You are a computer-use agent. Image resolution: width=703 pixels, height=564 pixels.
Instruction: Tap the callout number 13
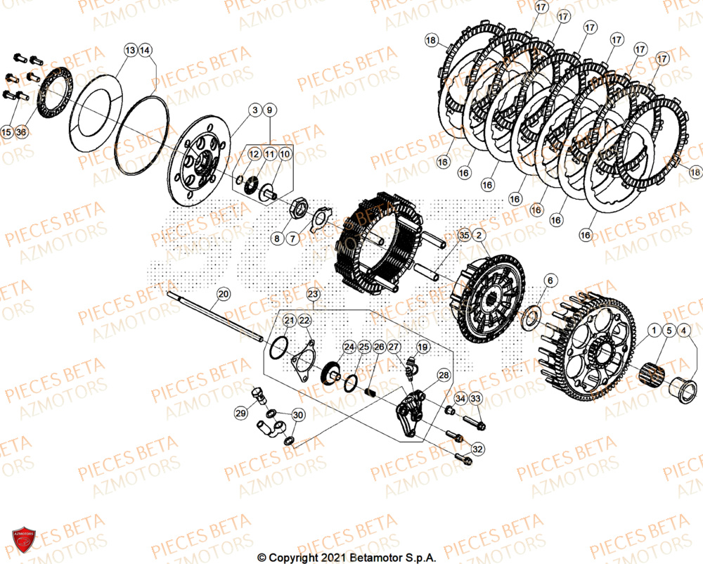(x=131, y=51)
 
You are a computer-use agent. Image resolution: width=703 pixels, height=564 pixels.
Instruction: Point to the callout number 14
(x=146, y=51)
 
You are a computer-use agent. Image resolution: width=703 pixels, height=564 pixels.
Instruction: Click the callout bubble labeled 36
(x=21, y=132)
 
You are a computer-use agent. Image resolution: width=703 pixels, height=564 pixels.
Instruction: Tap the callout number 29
(x=241, y=414)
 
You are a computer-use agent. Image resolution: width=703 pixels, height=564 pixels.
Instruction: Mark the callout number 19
(x=423, y=347)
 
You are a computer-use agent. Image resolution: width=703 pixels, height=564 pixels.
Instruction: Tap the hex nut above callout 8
(x=298, y=210)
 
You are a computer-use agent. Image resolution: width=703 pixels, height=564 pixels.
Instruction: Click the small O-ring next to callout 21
(x=279, y=347)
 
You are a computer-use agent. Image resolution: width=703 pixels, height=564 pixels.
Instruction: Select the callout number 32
(x=477, y=449)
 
